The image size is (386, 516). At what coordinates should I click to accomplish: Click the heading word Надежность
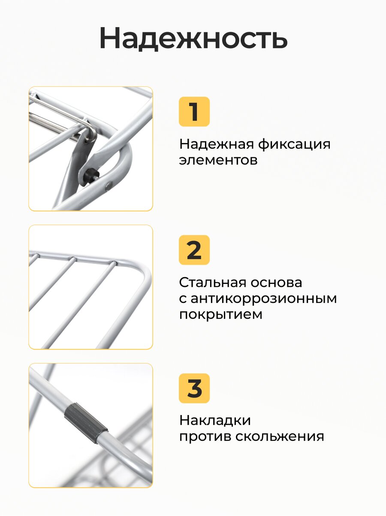(193, 38)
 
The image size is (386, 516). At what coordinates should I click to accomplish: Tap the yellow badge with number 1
(194, 111)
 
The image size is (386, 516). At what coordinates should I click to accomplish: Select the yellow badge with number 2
(194, 250)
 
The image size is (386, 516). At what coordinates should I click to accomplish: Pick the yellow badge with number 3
(194, 388)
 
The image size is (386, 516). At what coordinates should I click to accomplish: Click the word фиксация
(294, 144)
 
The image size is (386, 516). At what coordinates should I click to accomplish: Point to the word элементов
(218, 160)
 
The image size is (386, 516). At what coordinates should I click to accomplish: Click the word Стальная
(212, 282)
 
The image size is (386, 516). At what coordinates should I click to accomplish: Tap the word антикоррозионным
(264, 299)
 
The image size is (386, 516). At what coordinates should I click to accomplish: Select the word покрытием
(220, 314)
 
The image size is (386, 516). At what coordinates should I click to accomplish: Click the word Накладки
(215, 420)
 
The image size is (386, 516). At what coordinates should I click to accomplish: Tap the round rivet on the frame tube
(109, 186)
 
